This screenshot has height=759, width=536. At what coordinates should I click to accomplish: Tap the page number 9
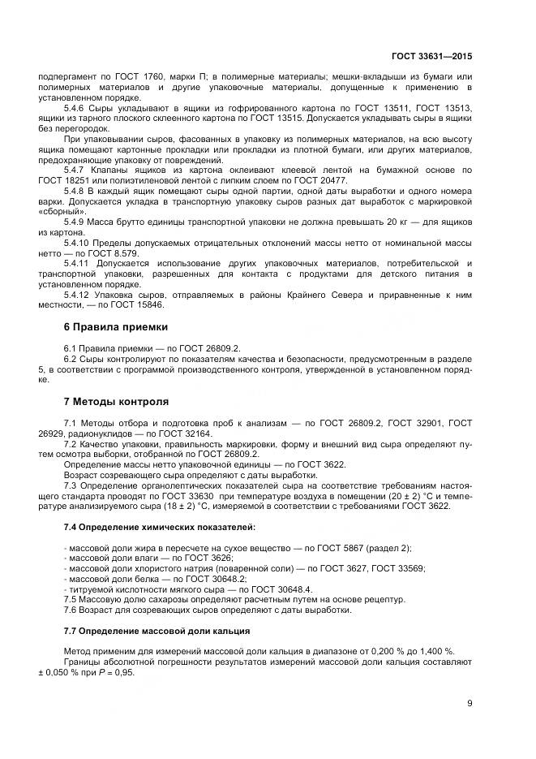click(x=470, y=703)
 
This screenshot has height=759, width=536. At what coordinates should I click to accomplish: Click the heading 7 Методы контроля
click(x=116, y=401)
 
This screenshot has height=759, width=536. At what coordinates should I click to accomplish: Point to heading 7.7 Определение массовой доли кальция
click(x=157, y=631)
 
